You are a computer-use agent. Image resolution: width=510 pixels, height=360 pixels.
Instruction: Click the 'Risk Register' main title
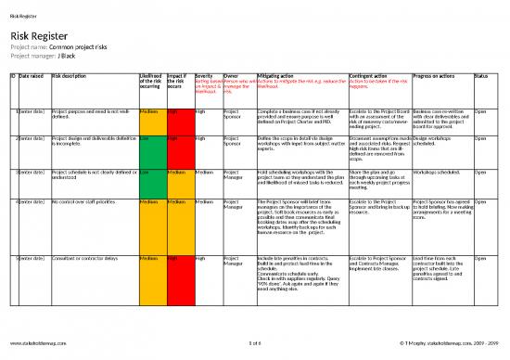pyautogui.click(x=39, y=33)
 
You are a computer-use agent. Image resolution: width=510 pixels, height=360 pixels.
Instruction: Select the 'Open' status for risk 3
pyautogui.click(x=480, y=173)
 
